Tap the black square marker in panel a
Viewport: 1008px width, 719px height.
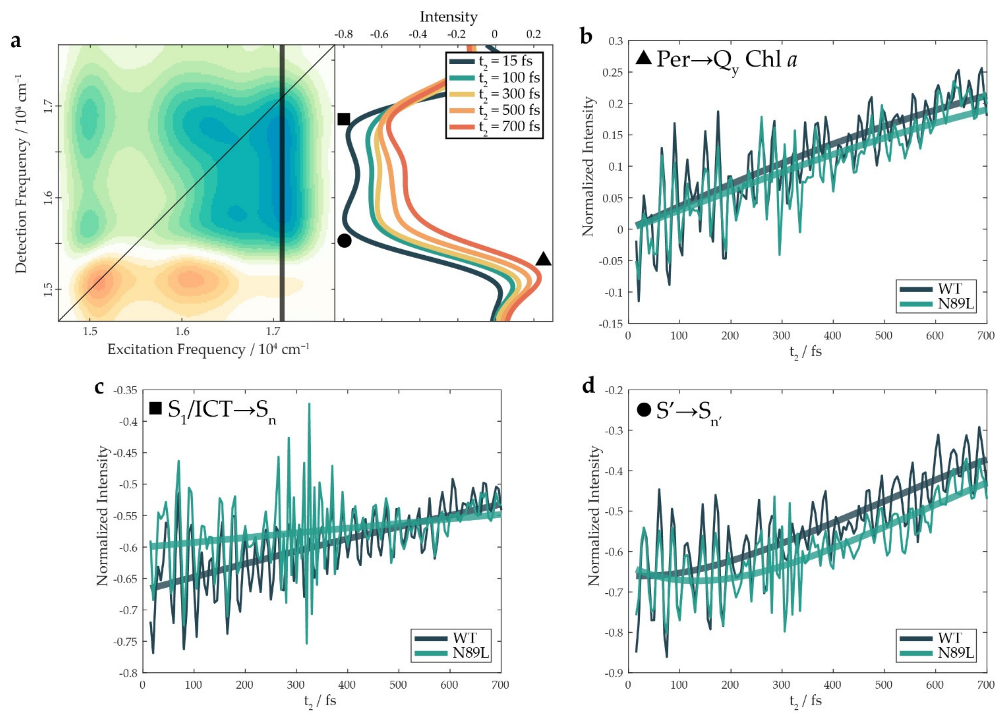click(x=344, y=119)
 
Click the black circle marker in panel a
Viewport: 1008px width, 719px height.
click(x=344, y=240)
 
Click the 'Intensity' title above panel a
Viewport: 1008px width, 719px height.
click(x=448, y=17)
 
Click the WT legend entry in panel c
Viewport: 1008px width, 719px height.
click(x=464, y=638)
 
